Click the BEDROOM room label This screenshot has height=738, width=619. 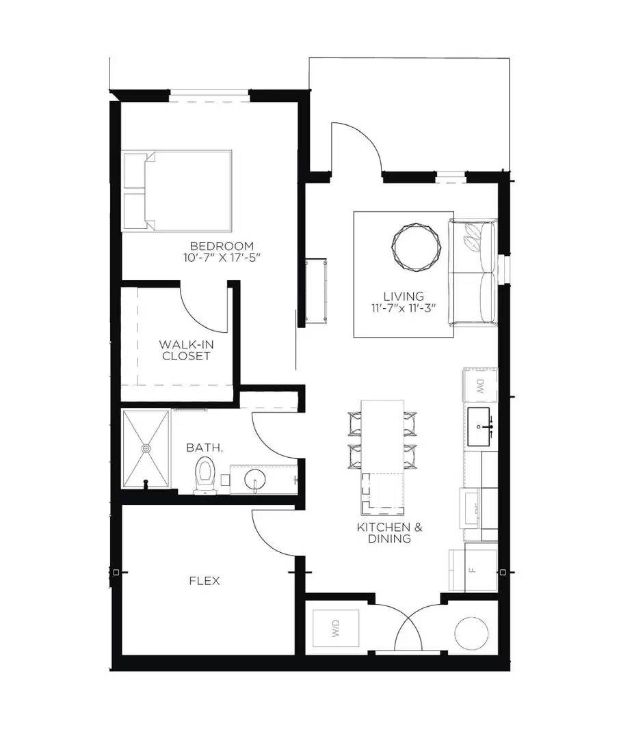(x=222, y=246)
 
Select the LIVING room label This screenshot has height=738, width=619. (x=403, y=296)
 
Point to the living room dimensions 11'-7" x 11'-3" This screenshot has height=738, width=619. (x=403, y=308)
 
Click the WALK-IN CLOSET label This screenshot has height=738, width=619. (x=185, y=350)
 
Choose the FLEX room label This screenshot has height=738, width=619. (x=204, y=581)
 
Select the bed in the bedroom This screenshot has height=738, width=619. (x=177, y=191)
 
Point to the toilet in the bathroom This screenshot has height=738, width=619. (x=205, y=474)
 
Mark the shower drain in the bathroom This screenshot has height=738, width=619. (x=146, y=448)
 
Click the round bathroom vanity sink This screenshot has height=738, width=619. (x=254, y=478)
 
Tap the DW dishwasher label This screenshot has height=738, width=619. (x=480, y=387)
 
